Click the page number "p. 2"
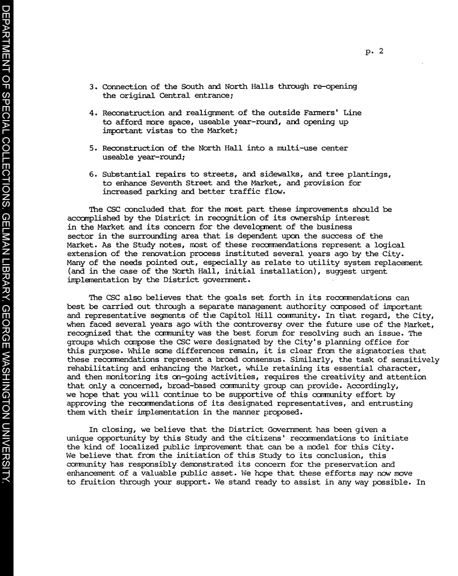[x=374, y=51]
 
